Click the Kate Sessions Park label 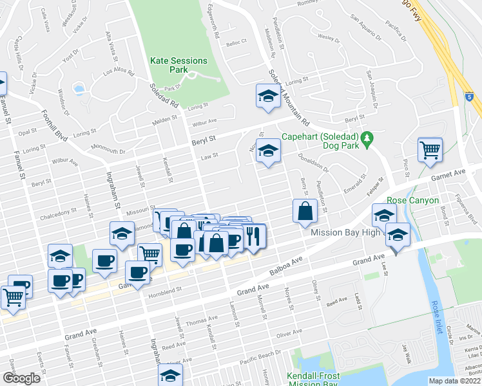178,65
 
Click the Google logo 21,378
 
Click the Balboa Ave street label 287,265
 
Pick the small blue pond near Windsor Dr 79,87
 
